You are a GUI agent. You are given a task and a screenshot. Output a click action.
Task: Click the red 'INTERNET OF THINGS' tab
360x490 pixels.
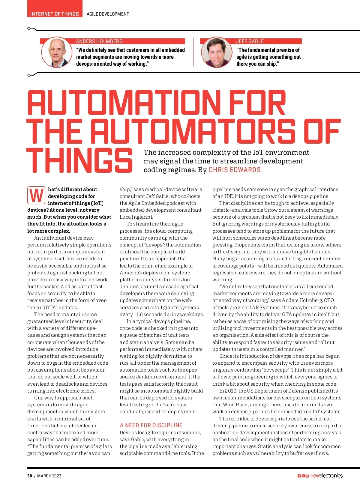(x=55, y=14)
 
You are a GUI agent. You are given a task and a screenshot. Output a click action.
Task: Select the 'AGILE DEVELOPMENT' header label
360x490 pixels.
(x=108, y=14)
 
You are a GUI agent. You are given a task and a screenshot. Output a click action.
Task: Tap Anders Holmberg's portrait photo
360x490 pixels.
(x=57, y=52)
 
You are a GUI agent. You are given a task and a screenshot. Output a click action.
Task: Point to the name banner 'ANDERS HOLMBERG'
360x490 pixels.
(x=99, y=41)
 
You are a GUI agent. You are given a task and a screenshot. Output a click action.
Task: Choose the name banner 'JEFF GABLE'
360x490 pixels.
(x=250, y=41)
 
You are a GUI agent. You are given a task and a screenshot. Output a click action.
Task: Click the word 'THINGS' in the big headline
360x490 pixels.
(x=79, y=161)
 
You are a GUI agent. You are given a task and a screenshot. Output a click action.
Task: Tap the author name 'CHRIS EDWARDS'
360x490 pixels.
(x=234, y=170)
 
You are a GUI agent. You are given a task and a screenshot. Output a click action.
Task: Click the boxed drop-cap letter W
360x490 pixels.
(x=37, y=195)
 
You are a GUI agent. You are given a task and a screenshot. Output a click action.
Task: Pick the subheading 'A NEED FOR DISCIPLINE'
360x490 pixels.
(x=151, y=425)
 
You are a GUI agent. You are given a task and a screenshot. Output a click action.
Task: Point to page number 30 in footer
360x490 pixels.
(x=29, y=476)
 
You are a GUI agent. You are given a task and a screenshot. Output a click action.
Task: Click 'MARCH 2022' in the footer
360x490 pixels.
(x=49, y=476)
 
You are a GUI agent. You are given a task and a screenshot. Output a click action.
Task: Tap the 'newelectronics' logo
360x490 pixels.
(x=326, y=476)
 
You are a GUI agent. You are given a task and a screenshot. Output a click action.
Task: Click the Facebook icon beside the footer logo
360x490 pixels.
(x=299, y=476)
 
